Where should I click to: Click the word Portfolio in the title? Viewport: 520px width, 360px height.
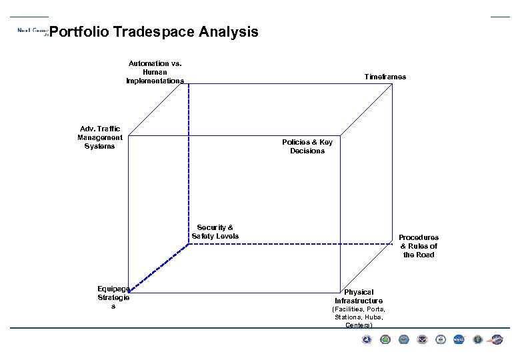(79, 32)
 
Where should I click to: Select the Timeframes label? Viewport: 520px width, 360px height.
(385, 77)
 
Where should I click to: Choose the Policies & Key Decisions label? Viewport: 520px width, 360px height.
(307, 147)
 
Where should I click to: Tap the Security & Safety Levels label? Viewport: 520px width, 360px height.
(215, 232)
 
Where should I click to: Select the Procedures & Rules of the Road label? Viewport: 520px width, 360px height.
(418, 245)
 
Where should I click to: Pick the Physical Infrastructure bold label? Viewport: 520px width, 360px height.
(359, 297)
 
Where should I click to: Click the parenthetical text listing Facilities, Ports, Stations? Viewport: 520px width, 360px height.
(359, 317)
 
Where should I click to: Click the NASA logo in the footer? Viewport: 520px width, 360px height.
(459, 340)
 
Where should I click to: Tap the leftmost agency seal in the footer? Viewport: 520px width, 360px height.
(366, 340)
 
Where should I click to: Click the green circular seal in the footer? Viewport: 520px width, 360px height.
(385, 340)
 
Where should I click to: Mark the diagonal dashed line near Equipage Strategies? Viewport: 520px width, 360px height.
(158, 267)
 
